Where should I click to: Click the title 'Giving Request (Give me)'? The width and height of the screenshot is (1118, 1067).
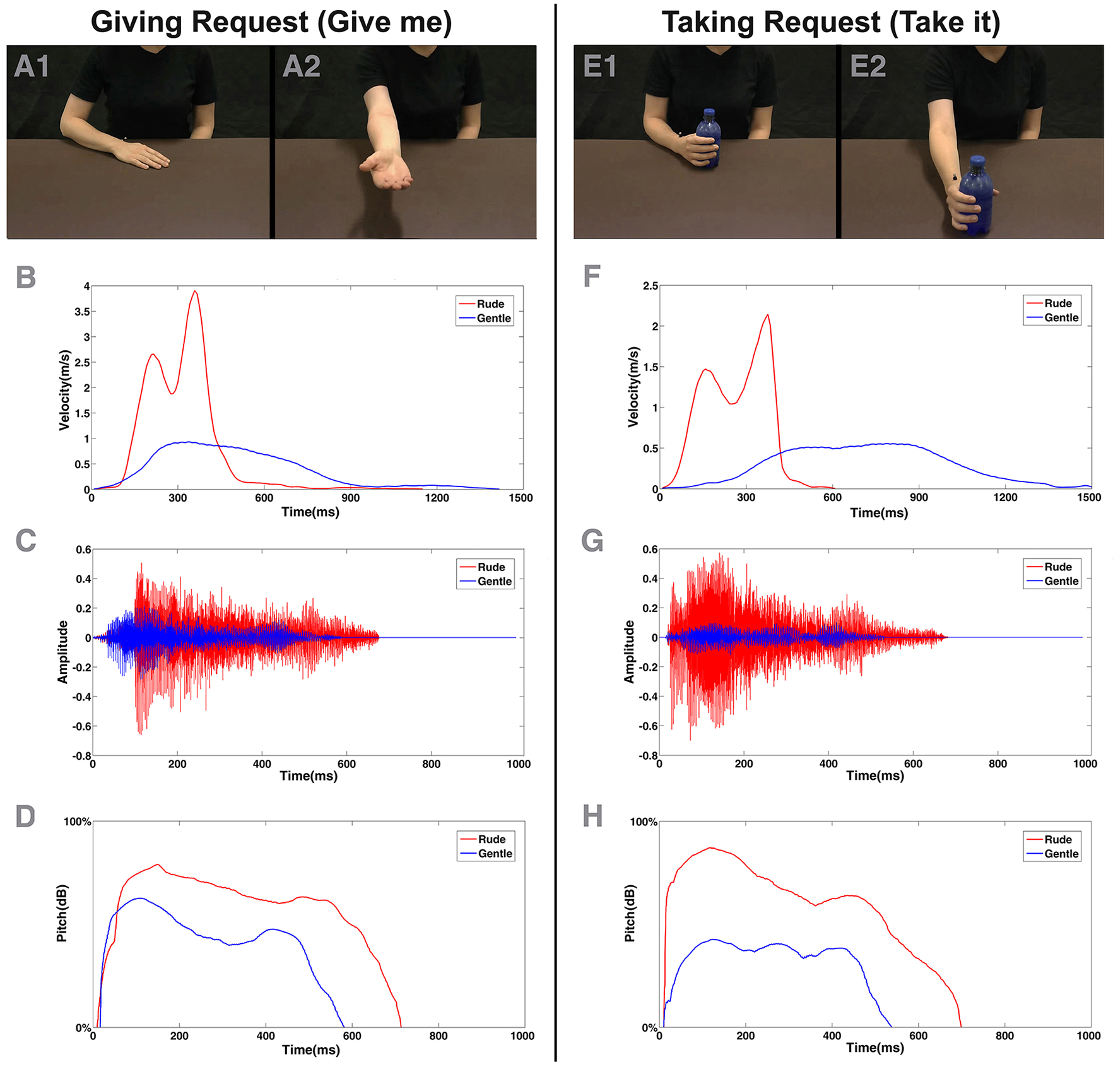coord(271,22)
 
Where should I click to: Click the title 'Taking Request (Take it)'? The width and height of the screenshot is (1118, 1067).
coord(830,22)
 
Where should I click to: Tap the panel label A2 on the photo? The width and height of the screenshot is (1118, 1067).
coord(301,66)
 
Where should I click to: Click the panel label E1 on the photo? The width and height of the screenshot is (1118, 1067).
coord(599,66)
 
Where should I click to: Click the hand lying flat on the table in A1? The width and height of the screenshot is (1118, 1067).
coord(142,155)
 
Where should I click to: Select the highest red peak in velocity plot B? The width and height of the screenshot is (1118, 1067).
coord(195,292)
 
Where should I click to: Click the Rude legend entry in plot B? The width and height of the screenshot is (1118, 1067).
coord(490,304)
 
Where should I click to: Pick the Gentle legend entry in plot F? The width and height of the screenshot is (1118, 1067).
coord(1061,318)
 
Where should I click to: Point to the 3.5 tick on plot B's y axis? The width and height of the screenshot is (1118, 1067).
coord(81,312)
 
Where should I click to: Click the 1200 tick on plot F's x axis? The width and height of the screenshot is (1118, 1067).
coord(1004,497)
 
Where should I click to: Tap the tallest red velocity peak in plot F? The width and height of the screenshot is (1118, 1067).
coord(767,315)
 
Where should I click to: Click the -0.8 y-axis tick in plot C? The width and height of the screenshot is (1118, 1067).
coord(83,756)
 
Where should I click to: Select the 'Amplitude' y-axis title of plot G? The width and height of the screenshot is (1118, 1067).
coord(629,652)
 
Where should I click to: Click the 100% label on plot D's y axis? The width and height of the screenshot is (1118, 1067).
coord(77,822)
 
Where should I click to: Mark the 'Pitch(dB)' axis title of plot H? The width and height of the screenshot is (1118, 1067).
coord(630,913)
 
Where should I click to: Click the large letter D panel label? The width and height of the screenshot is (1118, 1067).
coord(25,816)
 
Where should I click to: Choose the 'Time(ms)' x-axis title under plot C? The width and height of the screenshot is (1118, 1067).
coord(309,775)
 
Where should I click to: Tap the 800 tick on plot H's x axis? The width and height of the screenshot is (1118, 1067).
coord(1004,1035)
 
